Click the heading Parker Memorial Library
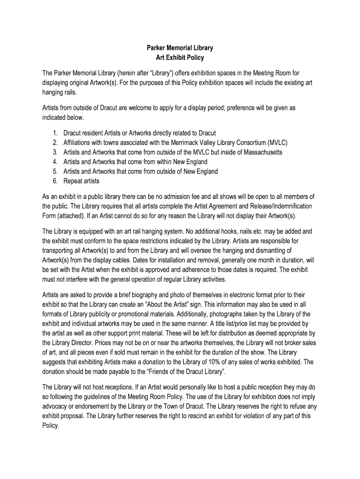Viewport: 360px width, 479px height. [x=180, y=48]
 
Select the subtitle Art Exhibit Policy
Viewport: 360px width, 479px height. [x=180, y=58]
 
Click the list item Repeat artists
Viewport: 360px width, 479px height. [x=81, y=181]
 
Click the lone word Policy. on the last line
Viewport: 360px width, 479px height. [x=51, y=426]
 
